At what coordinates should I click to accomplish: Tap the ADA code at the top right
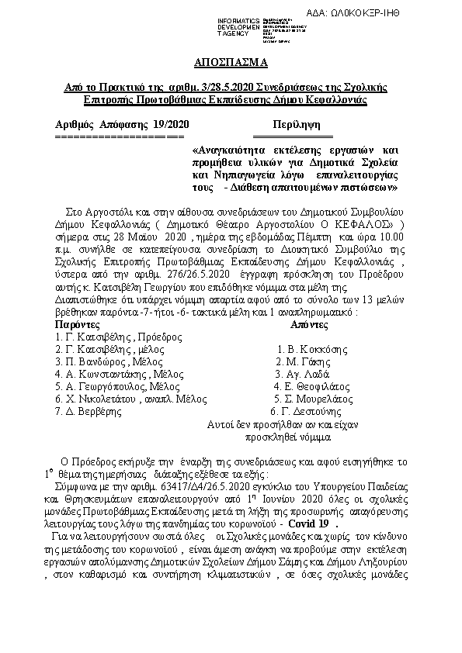[x=402, y=11]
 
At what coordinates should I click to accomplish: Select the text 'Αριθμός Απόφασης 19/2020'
[x=122, y=124]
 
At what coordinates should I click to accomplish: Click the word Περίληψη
[x=292, y=124]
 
